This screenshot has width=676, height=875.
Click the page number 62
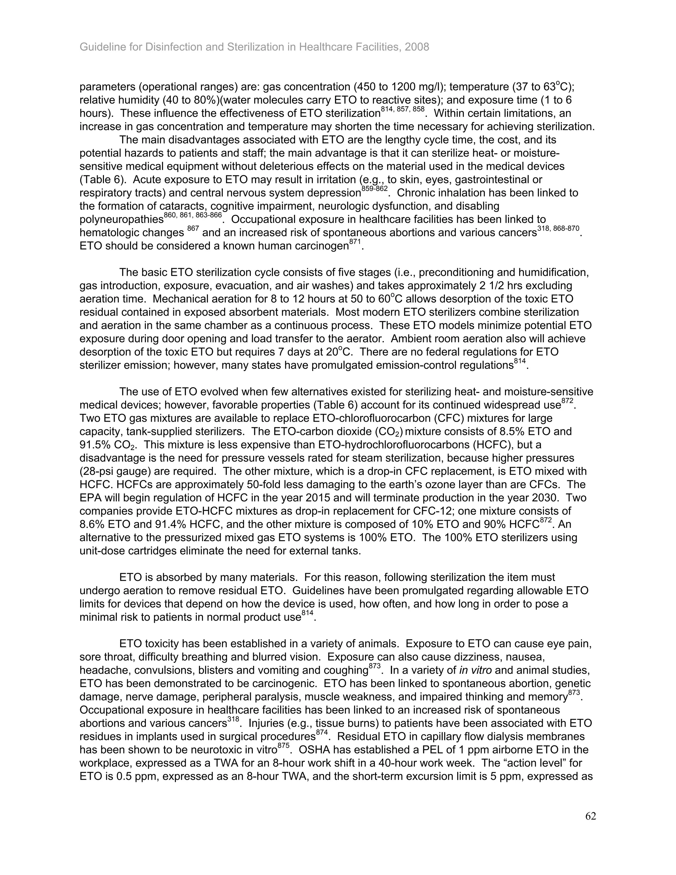click(x=590, y=816)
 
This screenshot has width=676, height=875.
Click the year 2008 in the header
click(x=417, y=47)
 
